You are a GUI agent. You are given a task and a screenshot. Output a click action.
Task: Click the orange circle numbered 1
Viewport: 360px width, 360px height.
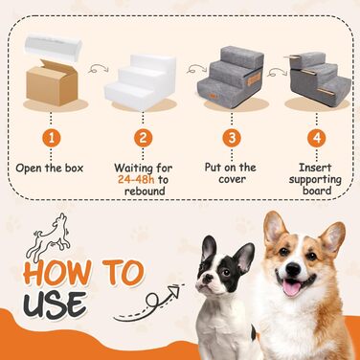51,138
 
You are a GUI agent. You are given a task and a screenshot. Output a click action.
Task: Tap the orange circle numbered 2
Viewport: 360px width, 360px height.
143,138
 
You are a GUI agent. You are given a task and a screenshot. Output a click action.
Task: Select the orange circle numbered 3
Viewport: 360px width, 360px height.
232,138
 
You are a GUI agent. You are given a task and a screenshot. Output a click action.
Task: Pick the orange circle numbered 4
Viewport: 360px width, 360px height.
317,138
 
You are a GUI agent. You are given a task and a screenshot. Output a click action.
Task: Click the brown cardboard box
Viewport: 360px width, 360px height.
52,83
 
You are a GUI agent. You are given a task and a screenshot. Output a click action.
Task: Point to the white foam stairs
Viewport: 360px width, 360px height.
140,83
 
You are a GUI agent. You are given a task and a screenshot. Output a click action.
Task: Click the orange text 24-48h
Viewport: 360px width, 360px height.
136,179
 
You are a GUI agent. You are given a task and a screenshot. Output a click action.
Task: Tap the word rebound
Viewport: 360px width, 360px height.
145,191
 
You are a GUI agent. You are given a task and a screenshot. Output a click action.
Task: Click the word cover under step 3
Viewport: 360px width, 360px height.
232,179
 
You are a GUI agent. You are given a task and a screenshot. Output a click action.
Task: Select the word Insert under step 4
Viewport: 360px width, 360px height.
315,168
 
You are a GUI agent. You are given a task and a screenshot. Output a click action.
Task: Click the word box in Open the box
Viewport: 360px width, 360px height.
74,168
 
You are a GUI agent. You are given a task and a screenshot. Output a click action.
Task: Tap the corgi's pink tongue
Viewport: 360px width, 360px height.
291,288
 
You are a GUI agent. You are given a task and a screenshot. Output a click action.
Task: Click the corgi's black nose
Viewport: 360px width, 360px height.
293,269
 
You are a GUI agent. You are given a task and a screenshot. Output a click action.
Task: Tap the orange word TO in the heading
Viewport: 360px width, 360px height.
123,272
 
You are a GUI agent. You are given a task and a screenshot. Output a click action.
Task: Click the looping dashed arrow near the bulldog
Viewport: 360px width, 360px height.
149,304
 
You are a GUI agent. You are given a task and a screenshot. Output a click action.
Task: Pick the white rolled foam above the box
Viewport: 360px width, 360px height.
54,48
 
